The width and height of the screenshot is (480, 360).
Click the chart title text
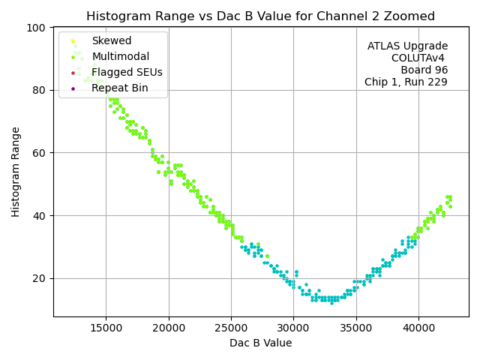pos(260,16)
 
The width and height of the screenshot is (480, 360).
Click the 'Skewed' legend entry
pos(111,41)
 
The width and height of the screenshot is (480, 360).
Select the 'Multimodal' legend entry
pos(120,57)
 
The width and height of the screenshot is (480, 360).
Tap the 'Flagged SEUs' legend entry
pos(127,73)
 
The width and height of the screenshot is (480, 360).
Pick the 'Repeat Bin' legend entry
pos(119,88)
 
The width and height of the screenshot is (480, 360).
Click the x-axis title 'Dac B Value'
pos(260,343)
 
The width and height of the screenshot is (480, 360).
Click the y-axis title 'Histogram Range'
pos(16,171)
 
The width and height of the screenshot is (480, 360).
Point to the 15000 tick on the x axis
pos(106,327)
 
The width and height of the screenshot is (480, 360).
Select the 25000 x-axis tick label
pos(231,327)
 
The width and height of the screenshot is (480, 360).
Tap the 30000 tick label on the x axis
pos(293,327)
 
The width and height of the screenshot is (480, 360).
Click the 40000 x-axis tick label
pos(418,327)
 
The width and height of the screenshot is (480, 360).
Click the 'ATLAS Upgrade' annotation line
pos(407,46)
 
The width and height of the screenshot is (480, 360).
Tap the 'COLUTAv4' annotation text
pos(419,58)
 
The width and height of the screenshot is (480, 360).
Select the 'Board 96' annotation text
pos(424,70)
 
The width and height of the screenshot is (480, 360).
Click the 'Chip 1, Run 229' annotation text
pos(406,82)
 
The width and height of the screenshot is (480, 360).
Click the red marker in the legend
pos(73,73)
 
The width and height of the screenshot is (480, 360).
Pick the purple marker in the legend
pos(73,88)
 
